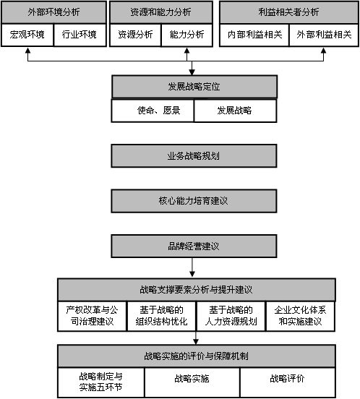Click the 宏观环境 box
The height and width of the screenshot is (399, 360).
(27, 35)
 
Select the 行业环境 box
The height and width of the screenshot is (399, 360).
(80, 35)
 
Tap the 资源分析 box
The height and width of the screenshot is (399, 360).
(135, 35)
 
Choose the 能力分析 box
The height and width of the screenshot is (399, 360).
(187, 35)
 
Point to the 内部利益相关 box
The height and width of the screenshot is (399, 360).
(254, 35)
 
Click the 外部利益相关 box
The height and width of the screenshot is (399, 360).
(324, 35)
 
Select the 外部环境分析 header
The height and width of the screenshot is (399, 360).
(54, 12)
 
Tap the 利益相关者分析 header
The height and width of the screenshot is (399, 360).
(289, 12)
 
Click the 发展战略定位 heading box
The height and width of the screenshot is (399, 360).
(194, 87)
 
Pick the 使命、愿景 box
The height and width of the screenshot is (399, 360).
(153, 111)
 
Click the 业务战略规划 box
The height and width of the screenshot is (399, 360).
(194, 156)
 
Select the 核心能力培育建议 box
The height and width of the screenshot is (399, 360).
(194, 201)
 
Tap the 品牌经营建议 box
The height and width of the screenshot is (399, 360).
(194, 246)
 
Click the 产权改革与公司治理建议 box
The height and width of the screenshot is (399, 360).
(92, 316)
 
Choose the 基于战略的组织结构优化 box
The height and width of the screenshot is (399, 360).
(161, 316)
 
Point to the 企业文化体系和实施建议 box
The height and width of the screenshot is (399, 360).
(301, 316)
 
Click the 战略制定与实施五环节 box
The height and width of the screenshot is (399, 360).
(101, 382)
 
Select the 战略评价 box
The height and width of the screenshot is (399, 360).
(288, 382)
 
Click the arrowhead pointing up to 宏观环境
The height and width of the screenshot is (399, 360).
(27, 51)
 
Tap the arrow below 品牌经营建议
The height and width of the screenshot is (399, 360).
(192, 267)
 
